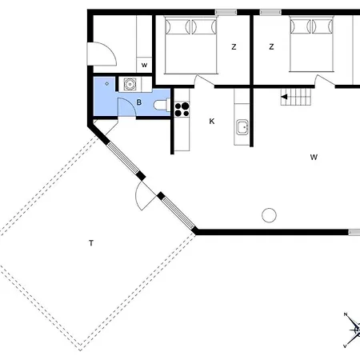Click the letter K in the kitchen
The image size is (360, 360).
pos(212,122)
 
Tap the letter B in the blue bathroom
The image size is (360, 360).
pos(139,102)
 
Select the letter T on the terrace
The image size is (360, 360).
pos(91,243)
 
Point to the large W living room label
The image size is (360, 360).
pos(314,157)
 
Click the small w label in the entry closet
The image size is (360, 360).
pos(144,65)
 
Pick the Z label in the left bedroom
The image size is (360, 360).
pos(234,47)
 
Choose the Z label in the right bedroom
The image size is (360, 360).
pos(271,47)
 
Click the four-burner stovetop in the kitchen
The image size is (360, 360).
pos(182,110)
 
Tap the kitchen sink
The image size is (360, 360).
pos(242,127)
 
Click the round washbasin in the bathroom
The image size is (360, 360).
pos(130,84)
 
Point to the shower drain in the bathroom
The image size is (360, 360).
pos(107,84)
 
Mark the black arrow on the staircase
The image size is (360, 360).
pos(284,97)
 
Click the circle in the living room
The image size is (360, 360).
pos(269,215)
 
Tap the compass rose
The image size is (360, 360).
pos(354,330)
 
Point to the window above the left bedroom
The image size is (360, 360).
pos(226,12)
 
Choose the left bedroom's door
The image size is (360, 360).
pos(205,80)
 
